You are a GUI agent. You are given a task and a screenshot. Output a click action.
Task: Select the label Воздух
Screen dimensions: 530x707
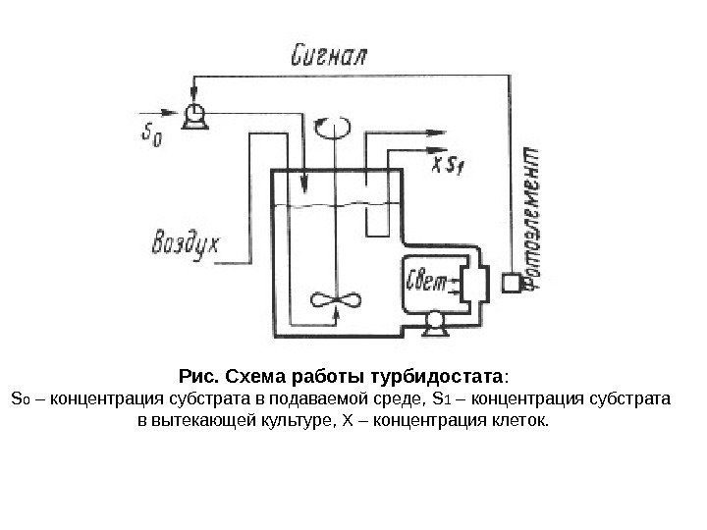(x=187, y=241)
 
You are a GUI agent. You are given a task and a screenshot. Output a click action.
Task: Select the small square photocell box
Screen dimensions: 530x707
(x=512, y=284)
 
